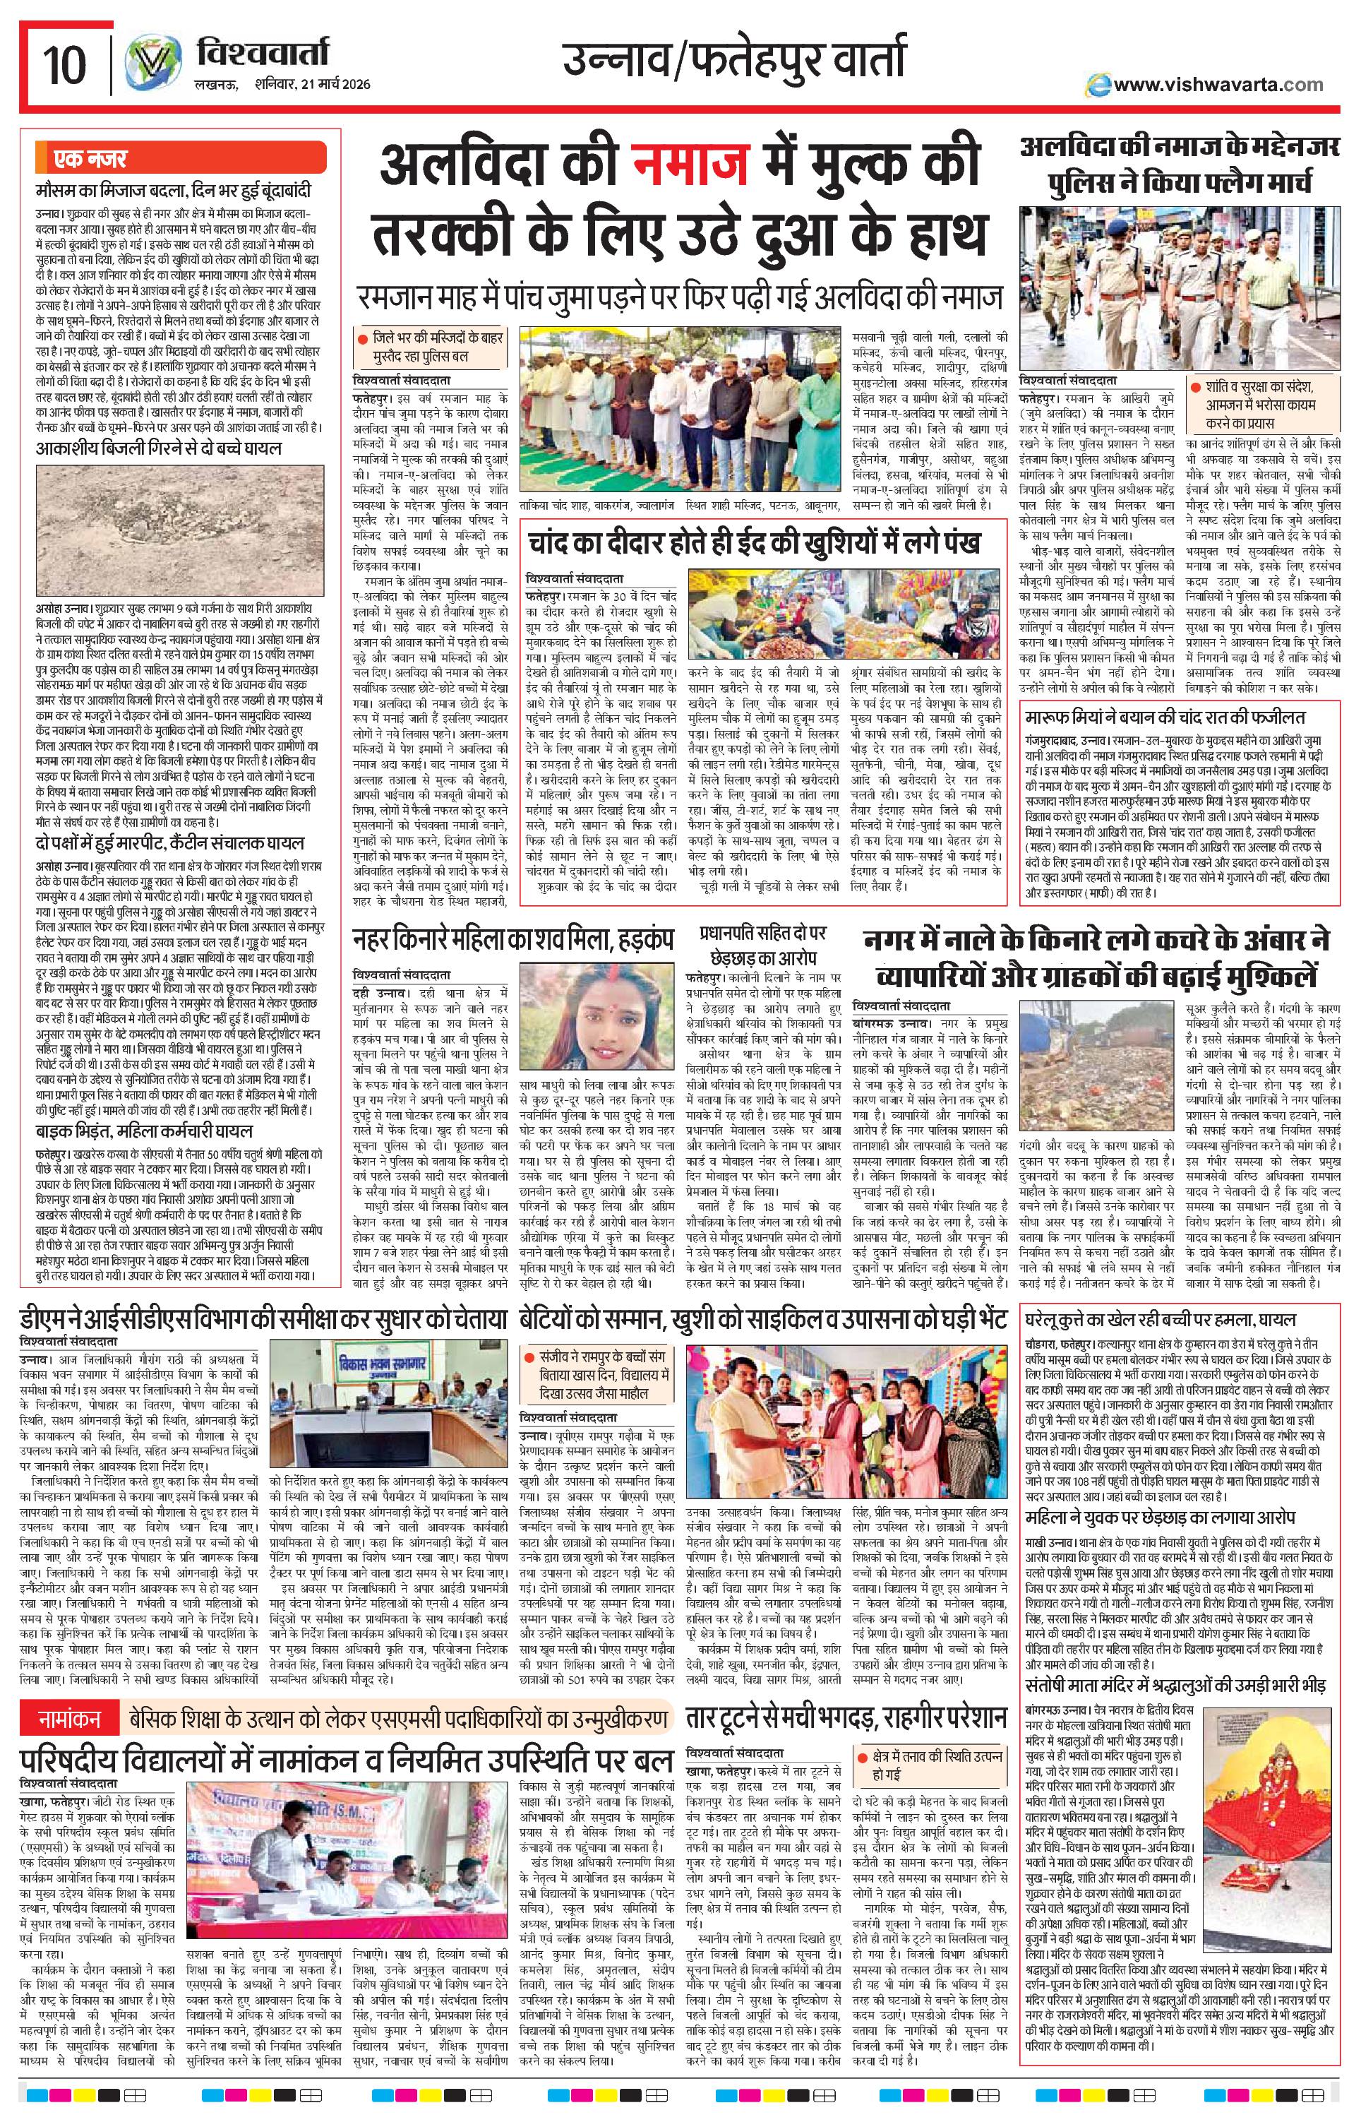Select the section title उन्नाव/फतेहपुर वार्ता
(x=733, y=62)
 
